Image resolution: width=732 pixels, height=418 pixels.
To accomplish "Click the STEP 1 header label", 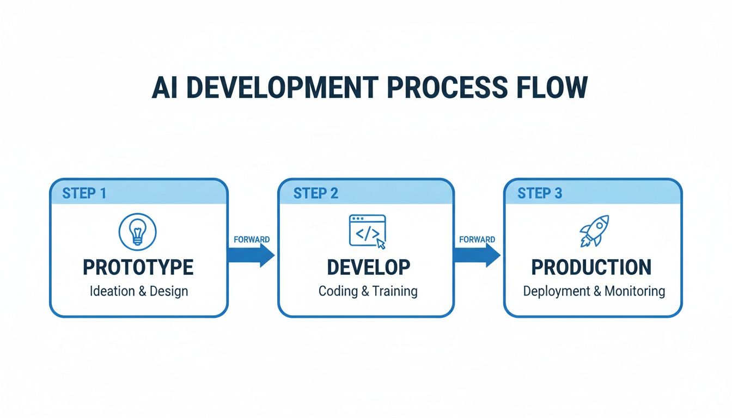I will [84, 193].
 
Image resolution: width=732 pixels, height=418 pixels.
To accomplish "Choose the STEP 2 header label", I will [315, 193].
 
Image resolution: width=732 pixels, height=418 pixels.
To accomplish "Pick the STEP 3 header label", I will [540, 193].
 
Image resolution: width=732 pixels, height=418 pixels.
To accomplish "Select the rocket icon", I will [594, 231].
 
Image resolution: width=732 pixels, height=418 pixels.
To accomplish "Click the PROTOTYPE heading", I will [138, 267].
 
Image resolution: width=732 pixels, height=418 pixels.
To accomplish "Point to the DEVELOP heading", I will [368, 267].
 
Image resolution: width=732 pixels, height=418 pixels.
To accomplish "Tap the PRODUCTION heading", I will [591, 267].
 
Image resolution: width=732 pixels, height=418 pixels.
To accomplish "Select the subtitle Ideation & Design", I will [138, 291].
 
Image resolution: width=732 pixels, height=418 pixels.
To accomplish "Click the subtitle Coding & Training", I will [368, 291].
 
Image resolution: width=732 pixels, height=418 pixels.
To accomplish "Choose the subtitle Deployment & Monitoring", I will [594, 291].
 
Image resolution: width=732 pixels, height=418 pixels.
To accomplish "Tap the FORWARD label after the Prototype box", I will [251, 239].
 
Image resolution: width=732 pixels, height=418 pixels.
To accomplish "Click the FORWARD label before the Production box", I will [477, 239].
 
